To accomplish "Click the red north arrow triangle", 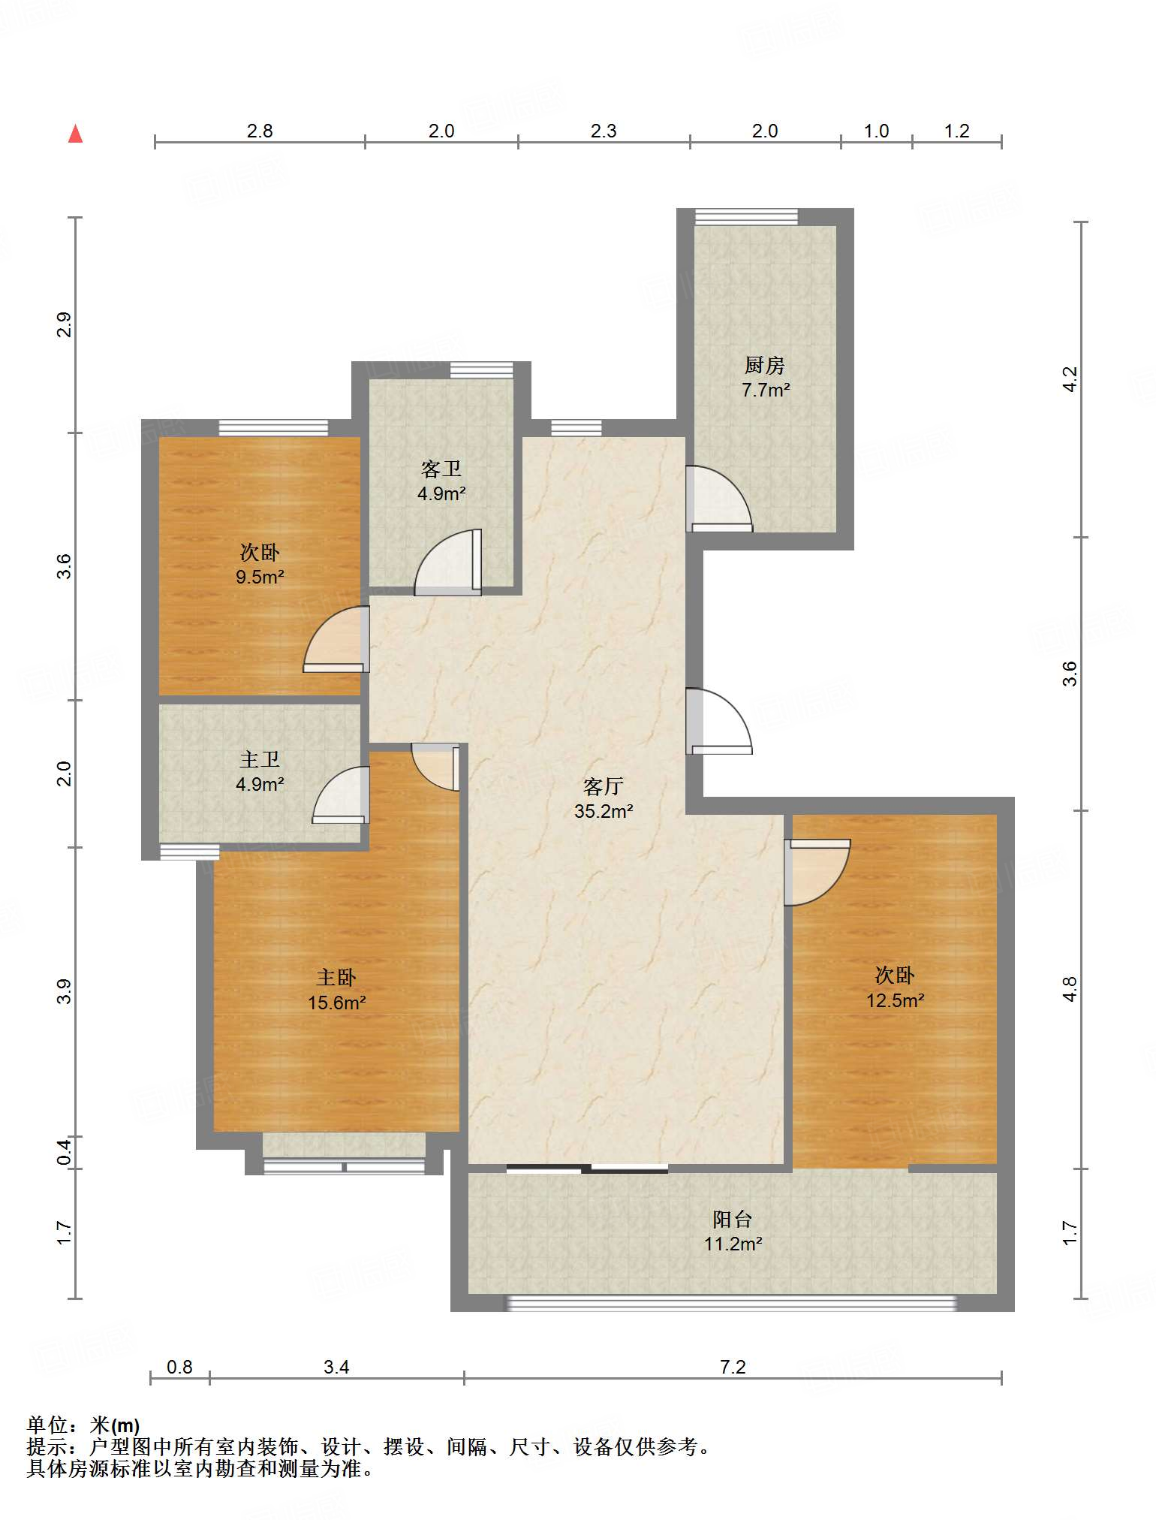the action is click(x=75, y=134).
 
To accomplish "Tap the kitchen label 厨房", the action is click(x=765, y=366).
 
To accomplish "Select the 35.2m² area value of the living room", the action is click(x=604, y=811).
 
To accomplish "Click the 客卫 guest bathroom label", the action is click(x=441, y=469).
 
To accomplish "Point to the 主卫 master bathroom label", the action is click(x=260, y=759).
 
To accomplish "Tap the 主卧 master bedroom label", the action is click(x=336, y=977).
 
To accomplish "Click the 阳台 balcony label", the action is click(x=733, y=1219).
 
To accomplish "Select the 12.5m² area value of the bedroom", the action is click(x=895, y=1000).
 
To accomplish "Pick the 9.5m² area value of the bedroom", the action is click(x=260, y=577).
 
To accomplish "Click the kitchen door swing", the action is click(x=719, y=499).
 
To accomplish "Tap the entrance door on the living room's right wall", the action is click(x=719, y=721).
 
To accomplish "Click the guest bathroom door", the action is click(x=448, y=562).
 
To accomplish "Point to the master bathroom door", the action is click(x=341, y=795).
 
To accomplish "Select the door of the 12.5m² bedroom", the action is click(x=817, y=873).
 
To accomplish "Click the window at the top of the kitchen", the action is click(x=746, y=216).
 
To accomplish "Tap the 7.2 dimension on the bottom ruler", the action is click(x=733, y=1366).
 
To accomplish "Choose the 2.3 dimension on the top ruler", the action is click(x=604, y=131).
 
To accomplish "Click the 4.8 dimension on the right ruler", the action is click(x=1070, y=989).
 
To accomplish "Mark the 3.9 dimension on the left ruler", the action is click(x=65, y=991).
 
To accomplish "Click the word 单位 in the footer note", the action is click(x=47, y=1425).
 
